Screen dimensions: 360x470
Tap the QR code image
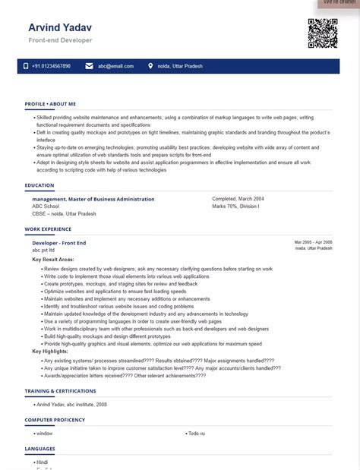click(x=322, y=33)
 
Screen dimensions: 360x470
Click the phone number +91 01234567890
click(x=52, y=66)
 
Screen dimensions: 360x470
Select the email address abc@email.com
click(x=115, y=66)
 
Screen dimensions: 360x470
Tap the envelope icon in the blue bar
click(x=90, y=66)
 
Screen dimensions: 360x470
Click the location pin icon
click(x=150, y=66)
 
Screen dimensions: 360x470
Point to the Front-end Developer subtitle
click(x=60, y=39)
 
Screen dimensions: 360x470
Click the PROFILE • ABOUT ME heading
click(x=50, y=103)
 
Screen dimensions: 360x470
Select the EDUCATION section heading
click(x=39, y=185)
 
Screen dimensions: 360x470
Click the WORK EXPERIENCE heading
click(x=48, y=229)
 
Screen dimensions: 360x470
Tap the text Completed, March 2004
click(x=238, y=199)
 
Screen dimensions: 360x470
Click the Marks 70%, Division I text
click(x=235, y=207)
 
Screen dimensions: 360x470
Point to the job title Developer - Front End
click(x=59, y=242)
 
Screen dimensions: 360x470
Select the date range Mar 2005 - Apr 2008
click(x=313, y=241)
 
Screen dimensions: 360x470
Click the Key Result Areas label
click(x=53, y=260)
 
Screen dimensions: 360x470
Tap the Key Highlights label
click(x=50, y=352)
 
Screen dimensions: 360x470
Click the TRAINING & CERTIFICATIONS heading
click(x=60, y=391)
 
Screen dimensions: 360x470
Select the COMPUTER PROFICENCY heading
click(x=55, y=420)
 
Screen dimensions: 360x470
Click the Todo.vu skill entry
click(x=198, y=433)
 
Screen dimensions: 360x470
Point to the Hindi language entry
click(x=42, y=462)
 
